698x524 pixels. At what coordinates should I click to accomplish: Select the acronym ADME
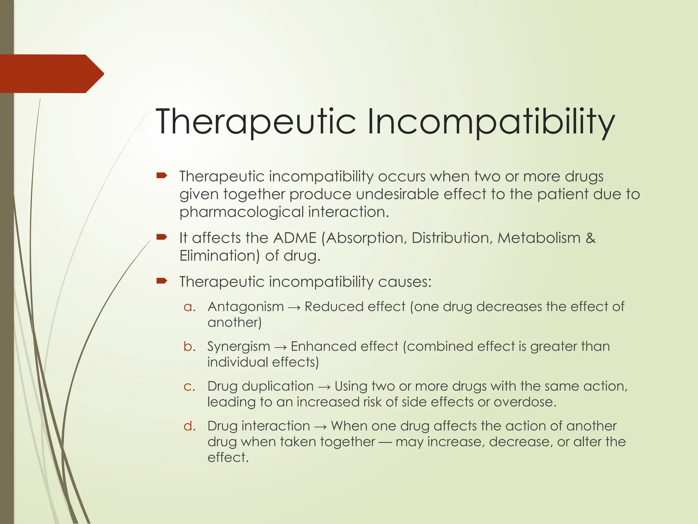tap(295, 238)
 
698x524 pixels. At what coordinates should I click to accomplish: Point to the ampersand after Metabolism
tap(590, 238)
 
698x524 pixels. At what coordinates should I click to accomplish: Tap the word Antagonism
tap(245, 306)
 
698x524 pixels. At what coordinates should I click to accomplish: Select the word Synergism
tap(239, 346)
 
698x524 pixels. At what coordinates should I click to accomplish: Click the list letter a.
tap(189, 307)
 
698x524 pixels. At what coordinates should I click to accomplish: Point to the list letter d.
tap(189, 426)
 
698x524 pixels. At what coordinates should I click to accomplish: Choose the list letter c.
tap(189, 386)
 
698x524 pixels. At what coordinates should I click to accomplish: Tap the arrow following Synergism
tap(280, 347)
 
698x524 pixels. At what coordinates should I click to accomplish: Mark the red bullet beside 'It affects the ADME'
tap(162, 237)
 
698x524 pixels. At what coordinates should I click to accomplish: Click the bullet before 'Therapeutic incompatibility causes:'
tap(162, 281)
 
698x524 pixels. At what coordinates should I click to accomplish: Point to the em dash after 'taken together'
tap(385, 442)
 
